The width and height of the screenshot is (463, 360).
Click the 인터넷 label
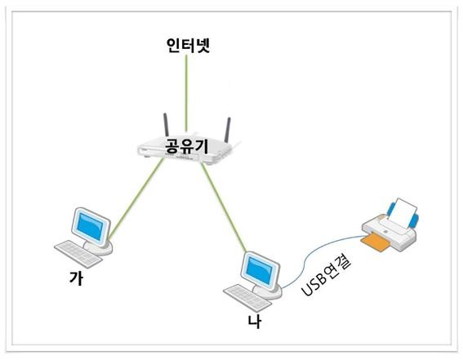[x=188, y=45]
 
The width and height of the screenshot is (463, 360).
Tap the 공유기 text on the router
[x=187, y=145]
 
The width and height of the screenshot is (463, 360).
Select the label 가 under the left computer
[x=76, y=278]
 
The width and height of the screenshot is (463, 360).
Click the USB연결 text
[x=327, y=276]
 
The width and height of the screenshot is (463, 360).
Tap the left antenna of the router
[x=167, y=125]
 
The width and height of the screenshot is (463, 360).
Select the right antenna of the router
[x=227, y=130]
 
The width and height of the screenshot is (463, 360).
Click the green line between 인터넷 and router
[x=186, y=93]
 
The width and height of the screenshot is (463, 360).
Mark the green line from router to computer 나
[x=224, y=207]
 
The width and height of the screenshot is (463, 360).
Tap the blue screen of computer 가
[x=91, y=227]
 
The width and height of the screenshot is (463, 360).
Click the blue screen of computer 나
[x=259, y=271]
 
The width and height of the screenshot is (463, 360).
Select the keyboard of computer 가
[x=78, y=254]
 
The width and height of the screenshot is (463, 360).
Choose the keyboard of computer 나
[x=247, y=298]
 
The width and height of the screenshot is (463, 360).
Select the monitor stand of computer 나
[x=268, y=291]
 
